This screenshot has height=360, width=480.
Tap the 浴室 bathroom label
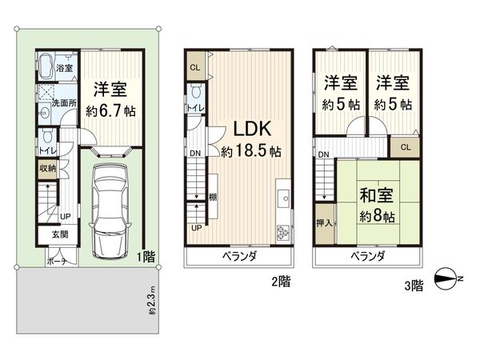[66, 69]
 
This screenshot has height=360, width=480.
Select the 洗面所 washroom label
[63, 103]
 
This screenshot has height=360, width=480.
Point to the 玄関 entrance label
[60, 234]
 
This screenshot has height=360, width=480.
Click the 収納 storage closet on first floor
[46, 168]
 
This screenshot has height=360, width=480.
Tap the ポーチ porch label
[56, 262]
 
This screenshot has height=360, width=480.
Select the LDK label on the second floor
[252, 128]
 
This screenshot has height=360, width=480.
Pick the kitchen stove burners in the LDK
[284, 233]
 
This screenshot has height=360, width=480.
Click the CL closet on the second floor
[194, 67]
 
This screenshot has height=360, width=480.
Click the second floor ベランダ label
[240, 256]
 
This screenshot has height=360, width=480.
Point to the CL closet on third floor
[406, 146]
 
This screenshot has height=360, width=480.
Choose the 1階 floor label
[145, 257]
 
